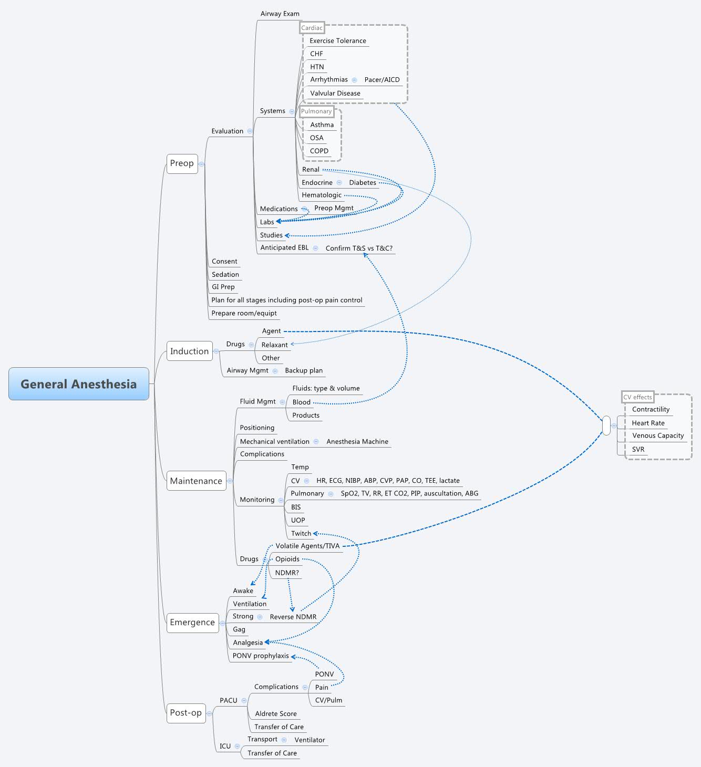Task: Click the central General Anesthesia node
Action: [79, 384]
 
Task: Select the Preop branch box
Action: [182, 163]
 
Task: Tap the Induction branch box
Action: [189, 351]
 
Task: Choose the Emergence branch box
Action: [192, 623]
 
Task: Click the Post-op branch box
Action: [185, 713]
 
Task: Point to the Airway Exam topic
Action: [280, 14]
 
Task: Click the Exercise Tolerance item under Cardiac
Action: [337, 41]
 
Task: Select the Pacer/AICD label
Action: [382, 80]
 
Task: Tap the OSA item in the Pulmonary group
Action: [316, 138]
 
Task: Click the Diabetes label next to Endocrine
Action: [363, 183]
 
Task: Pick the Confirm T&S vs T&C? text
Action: [359, 248]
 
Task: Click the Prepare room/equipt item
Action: [244, 314]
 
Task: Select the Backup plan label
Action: [304, 370]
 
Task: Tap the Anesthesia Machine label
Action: [357, 442]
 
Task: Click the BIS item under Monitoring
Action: [296, 507]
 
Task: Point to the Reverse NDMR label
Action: [293, 617]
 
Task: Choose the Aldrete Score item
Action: [276, 714]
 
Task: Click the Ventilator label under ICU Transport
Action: [310, 740]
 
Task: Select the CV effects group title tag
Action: [637, 397]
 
